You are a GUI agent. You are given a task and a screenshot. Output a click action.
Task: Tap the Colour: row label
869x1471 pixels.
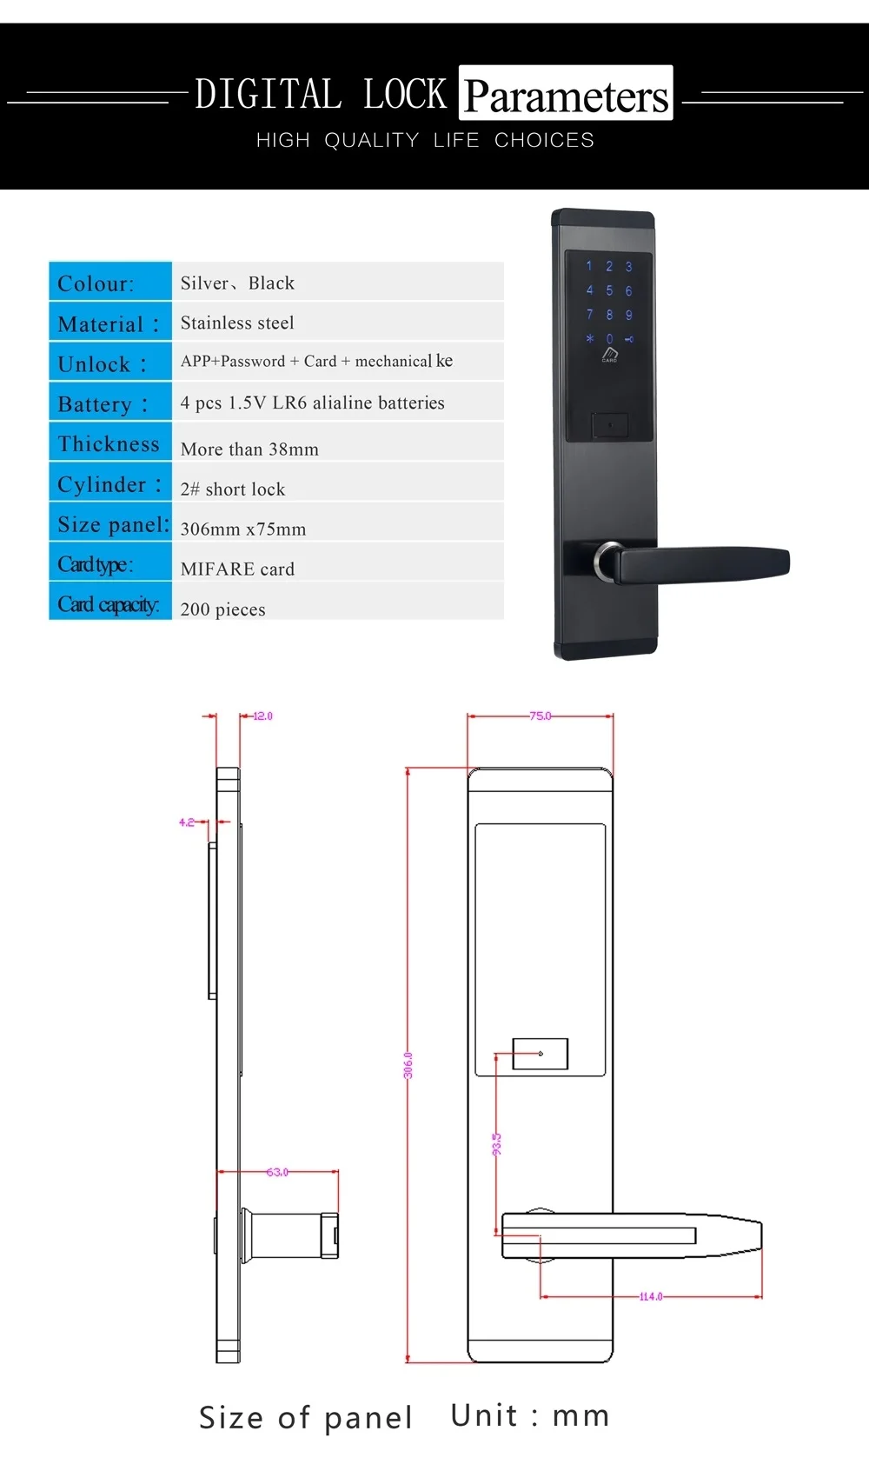click(96, 283)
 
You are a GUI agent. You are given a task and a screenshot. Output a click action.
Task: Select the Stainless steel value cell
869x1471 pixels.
click(237, 323)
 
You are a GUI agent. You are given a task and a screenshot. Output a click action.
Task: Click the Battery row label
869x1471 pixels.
click(103, 404)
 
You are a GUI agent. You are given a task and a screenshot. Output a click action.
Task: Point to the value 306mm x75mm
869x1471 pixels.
click(243, 529)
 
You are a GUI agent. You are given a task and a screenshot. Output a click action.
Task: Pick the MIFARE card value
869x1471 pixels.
click(237, 569)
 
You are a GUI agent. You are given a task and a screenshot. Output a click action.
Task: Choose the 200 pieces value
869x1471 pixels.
click(222, 609)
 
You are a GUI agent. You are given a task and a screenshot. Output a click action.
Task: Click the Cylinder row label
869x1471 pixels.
click(109, 484)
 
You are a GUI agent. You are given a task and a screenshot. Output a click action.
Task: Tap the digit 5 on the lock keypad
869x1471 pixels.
click(609, 290)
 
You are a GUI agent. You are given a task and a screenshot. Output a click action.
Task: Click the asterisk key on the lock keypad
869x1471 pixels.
click(589, 338)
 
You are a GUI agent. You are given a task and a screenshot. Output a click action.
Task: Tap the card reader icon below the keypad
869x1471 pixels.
click(610, 354)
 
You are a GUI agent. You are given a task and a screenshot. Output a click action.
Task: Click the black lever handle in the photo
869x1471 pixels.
click(704, 562)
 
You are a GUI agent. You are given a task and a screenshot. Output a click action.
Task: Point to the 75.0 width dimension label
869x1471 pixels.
click(541, 716)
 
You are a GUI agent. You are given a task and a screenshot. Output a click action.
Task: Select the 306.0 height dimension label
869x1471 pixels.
click(408, 1065)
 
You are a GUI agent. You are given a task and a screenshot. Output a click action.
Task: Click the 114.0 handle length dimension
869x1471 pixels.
click(651, 1296)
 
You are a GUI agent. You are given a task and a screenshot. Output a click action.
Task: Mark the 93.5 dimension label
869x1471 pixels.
click(497, 1144)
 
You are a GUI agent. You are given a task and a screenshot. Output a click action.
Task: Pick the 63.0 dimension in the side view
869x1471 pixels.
click(277, 1172)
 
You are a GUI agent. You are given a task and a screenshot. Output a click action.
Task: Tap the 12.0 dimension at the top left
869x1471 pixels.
click(262, 716)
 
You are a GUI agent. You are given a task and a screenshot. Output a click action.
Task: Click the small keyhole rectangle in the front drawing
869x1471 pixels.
click(540, 1054)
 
